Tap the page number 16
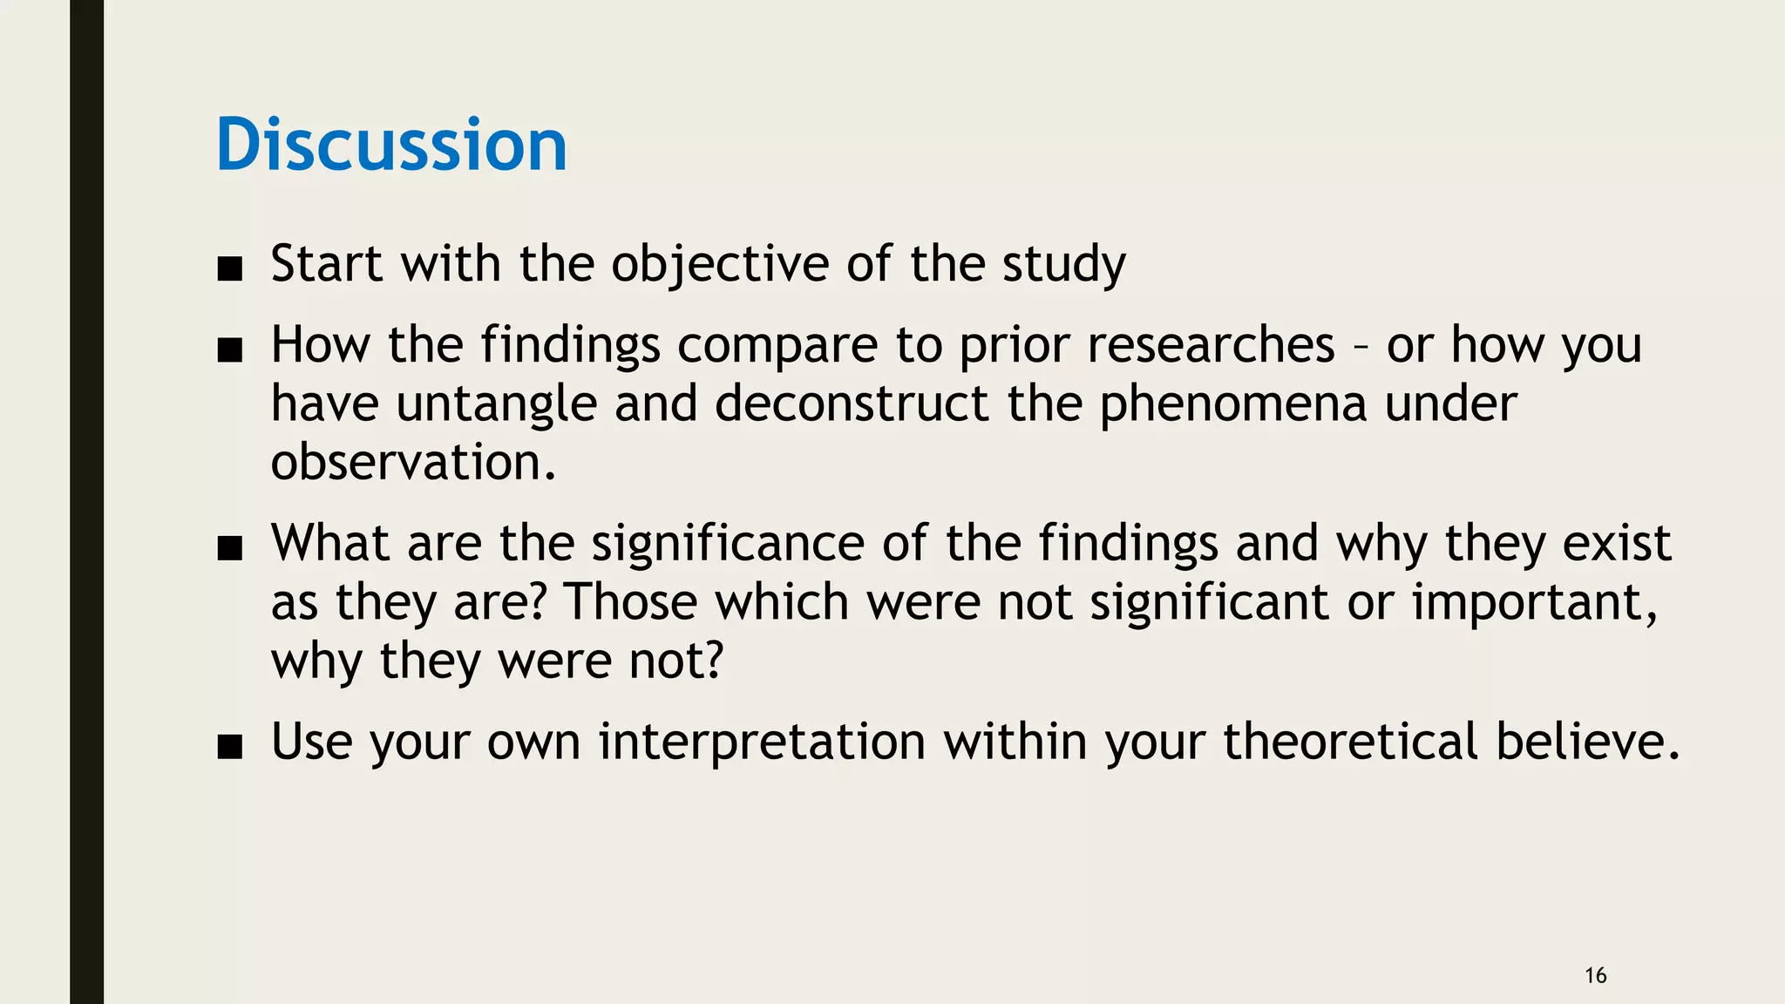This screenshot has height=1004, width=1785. (1595, 975)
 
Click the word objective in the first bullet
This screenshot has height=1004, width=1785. (720, 264)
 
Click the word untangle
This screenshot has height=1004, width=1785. (496, 404)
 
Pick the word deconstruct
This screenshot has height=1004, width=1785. (852, 404)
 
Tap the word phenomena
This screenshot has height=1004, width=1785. (1232, 404)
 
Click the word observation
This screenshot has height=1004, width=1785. (412, 462)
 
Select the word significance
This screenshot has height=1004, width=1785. (729, 544)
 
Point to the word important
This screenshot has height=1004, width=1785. (1533, 602)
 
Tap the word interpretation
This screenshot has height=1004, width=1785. (761, 742)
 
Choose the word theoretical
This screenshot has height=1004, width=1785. (1350, 742)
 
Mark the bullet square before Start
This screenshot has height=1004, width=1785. (230, 269)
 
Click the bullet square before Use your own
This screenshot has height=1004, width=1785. (230, 747)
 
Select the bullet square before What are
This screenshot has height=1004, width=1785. (230, 549)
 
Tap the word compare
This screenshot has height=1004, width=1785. (777, 345)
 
